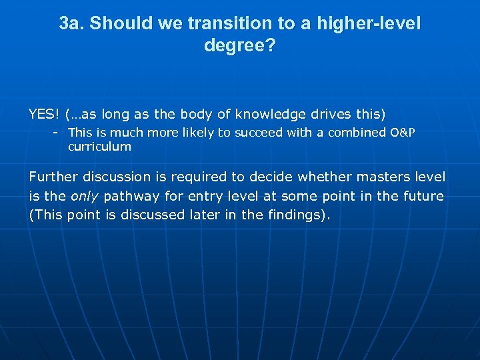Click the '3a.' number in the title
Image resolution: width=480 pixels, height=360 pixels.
click(71, 24)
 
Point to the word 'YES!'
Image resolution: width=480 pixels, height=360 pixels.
click(44, 114)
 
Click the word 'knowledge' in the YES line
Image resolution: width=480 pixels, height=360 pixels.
click(265, 114)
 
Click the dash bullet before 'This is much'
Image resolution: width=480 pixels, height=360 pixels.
click(57, 133)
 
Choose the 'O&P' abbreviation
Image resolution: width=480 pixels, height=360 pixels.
click(402, 133)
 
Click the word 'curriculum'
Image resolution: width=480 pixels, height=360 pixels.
click(99, 147)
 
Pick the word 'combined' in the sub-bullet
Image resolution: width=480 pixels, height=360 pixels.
click(359, 133)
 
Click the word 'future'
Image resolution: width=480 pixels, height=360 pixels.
click(423, 196)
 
